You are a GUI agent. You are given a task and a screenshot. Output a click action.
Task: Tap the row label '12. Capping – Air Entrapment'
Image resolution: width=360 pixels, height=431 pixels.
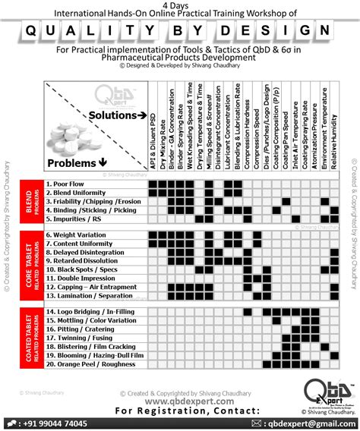93,288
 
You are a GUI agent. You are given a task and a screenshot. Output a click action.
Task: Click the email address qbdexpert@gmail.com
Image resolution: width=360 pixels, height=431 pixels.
311,423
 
